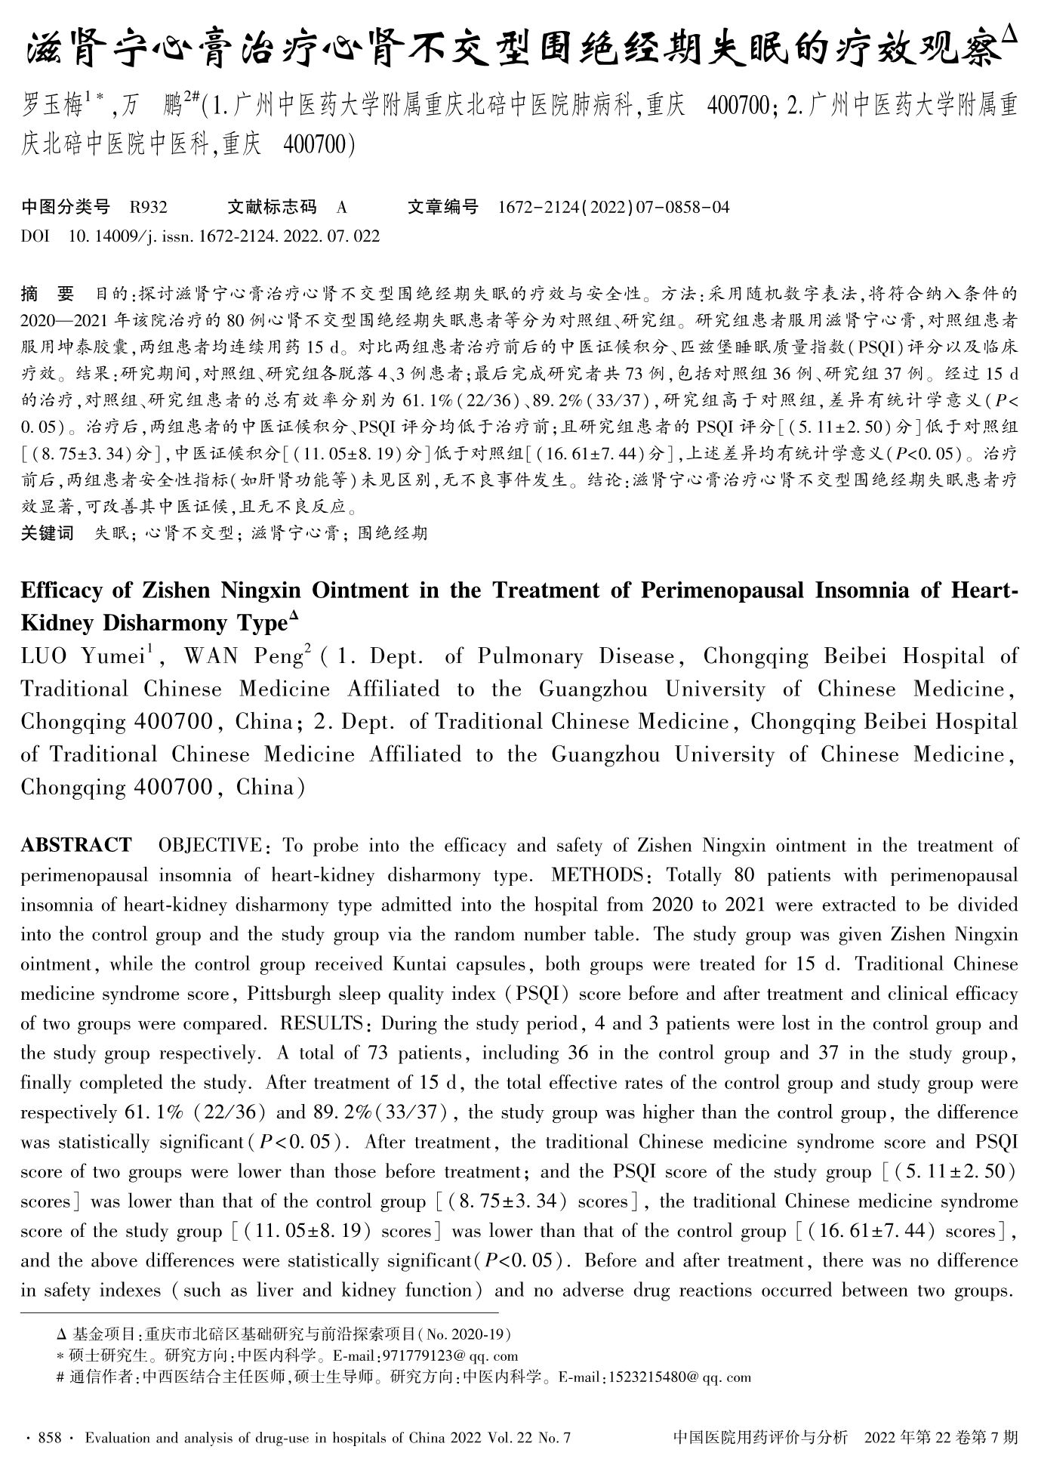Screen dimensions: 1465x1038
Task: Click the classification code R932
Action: [x=149, y=207]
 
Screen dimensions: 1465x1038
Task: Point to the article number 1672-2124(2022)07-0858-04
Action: [x=614, y=207]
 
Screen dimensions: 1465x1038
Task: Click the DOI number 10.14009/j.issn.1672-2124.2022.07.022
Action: [x=223, y=236]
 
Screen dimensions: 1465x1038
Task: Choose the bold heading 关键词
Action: [x=47, y=533]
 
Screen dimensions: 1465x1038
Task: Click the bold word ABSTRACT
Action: [x=75, y=845]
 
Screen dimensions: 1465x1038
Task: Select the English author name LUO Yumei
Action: [x=82, y=656]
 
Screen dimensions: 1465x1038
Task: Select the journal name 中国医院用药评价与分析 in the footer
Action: [x=760, y=1437]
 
